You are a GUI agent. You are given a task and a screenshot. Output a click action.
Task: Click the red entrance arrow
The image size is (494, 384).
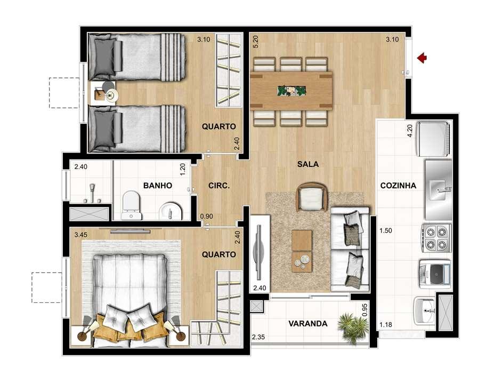pyautogui.click(x=423, y=58)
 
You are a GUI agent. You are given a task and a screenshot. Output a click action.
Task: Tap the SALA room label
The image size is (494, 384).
pyautogui.click(x=307, y=164)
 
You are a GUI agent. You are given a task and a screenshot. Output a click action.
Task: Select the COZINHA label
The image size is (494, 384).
pyautogui.click(x=398, y=186)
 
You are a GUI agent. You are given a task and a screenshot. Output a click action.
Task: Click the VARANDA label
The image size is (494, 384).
pyautogui.click(x=307, y=323)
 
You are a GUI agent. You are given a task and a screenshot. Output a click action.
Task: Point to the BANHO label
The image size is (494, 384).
pyautogui.click(x=157, y=186)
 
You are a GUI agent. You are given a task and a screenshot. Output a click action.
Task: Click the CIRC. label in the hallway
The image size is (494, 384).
pyautogui.click(x=219, y=186)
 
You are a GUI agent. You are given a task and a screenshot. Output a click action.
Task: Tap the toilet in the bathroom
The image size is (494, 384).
pyautogui.click(x=132, y=206)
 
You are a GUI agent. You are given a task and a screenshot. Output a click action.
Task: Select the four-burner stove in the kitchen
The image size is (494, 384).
pyautogui.click(x=436, y=237)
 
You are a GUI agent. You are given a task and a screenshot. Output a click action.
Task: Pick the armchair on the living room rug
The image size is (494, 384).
pyautogui.click(x=311, y=197)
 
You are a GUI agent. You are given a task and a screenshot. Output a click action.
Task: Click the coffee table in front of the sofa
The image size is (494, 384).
pyautogui.click(x=302, y=249)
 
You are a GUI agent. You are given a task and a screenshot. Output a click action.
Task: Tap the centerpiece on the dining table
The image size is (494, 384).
pyautogui.click(x=291, y=90)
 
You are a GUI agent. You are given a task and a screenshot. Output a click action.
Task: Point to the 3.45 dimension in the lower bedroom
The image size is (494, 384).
pyautogui.click(x=80, y=234)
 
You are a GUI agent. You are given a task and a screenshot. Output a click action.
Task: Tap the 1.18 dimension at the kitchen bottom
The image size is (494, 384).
pyautogui.click(x=385, y=324)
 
